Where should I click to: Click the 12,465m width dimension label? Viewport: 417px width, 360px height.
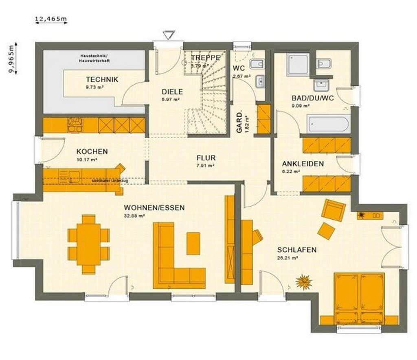(51, 18)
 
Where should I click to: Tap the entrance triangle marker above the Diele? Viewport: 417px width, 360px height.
(168, 35)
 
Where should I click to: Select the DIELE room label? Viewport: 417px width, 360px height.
(172, 92)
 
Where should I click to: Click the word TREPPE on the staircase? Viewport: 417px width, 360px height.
(206, 58)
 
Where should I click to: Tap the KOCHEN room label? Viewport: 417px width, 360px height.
(92, 151)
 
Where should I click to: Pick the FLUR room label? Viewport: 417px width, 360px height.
(206, 158)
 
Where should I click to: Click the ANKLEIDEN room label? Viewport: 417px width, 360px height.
(303, 164)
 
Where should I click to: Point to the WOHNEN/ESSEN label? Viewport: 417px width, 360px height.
(154, 207)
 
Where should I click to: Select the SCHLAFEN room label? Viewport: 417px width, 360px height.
(297, 250)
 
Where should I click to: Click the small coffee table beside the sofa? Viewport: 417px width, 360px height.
(193, 243)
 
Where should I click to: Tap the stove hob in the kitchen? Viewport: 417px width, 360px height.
(75, 125)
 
